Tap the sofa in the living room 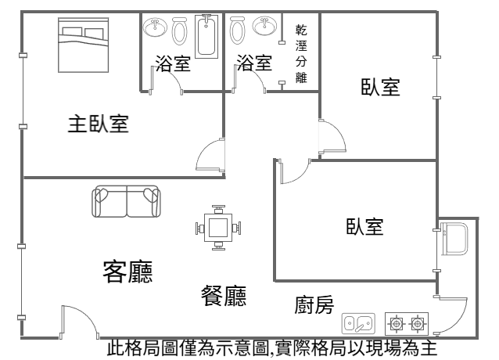point(126,202)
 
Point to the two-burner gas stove point(408,322)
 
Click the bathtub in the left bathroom point(207,35)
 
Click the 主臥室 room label point(98,124)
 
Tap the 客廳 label point(127,272)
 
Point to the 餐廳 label point(224,296)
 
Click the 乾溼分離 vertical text point(301,54)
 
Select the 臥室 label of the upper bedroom point(380,87)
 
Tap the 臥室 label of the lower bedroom point(364,227)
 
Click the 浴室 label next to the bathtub point(173,63)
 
